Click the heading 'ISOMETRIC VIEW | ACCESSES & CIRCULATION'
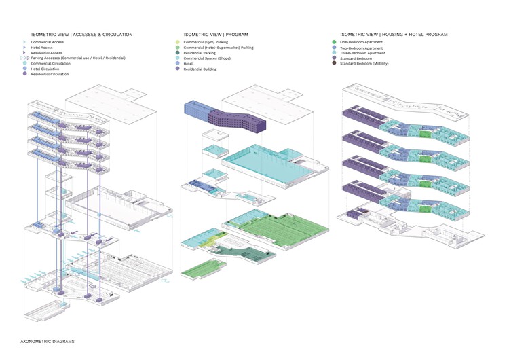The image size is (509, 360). pyautogui.click(x=82, y=34)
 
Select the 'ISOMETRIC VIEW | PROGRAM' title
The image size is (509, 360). pyautogui.click(x=215, y=34)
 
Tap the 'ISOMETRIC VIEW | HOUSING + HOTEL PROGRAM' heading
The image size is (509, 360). pyautogui.click(x=394, y=34)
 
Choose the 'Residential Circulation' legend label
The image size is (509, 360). pyautogui.click(x=50, y=74)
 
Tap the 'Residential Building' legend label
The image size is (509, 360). pyautogui.click(x=200, y=69)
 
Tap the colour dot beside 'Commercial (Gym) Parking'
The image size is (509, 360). pyautogui.click(x=177, y=42)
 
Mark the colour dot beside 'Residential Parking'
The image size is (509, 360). pyautogui.click(x=177, y=53)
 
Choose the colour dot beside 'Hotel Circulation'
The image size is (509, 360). pyautogui.click(x=25, y=69)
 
